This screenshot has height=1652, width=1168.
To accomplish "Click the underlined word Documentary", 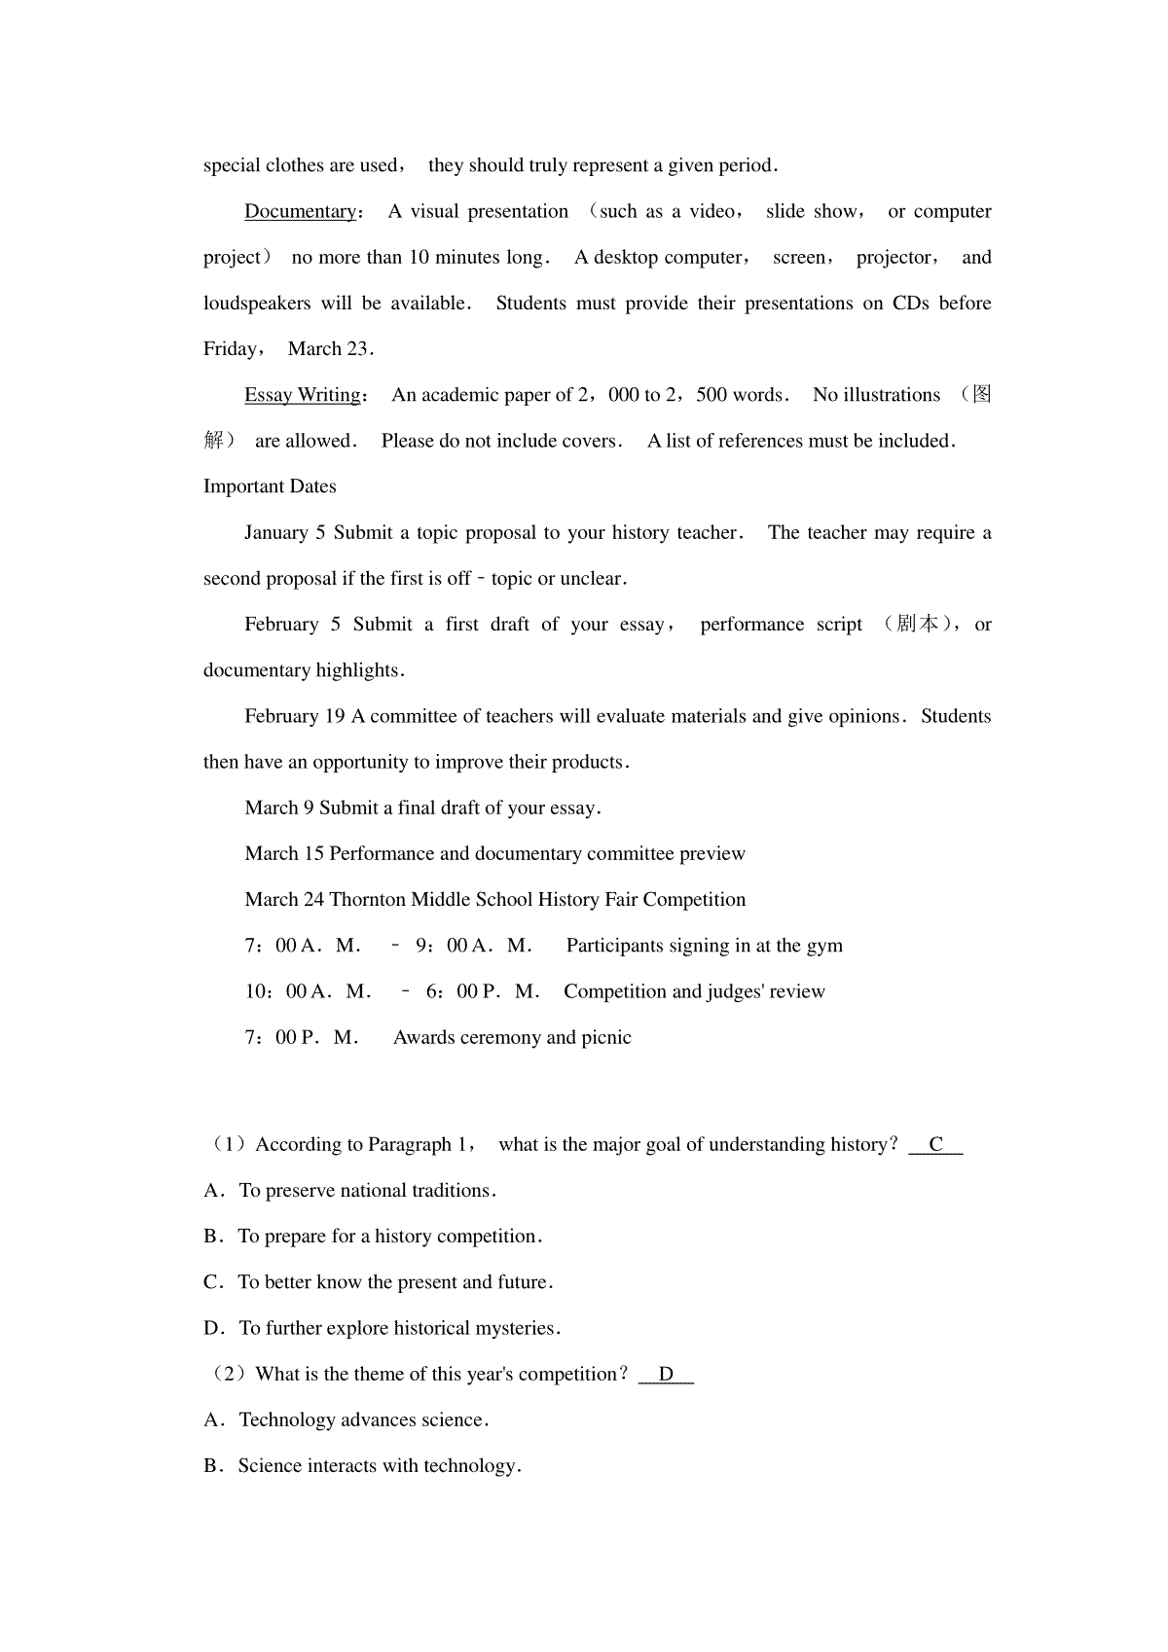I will tap(300, 212).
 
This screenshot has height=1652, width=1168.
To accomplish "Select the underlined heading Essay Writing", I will tap(302, 395).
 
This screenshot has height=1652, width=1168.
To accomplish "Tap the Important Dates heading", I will tap(270, 486).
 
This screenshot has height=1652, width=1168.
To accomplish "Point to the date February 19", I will tap(294, 717).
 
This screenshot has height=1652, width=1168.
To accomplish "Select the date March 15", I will tap(283, 854).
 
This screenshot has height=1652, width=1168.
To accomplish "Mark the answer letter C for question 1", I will tap(935, 1145).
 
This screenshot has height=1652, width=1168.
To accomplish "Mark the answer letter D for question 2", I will tap(666, 1375).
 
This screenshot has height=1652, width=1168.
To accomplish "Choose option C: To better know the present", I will tap(394, 1283).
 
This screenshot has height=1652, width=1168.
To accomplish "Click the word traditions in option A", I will tap(451, 1191).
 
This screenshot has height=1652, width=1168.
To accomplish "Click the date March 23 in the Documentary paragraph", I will tap(330, 349).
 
